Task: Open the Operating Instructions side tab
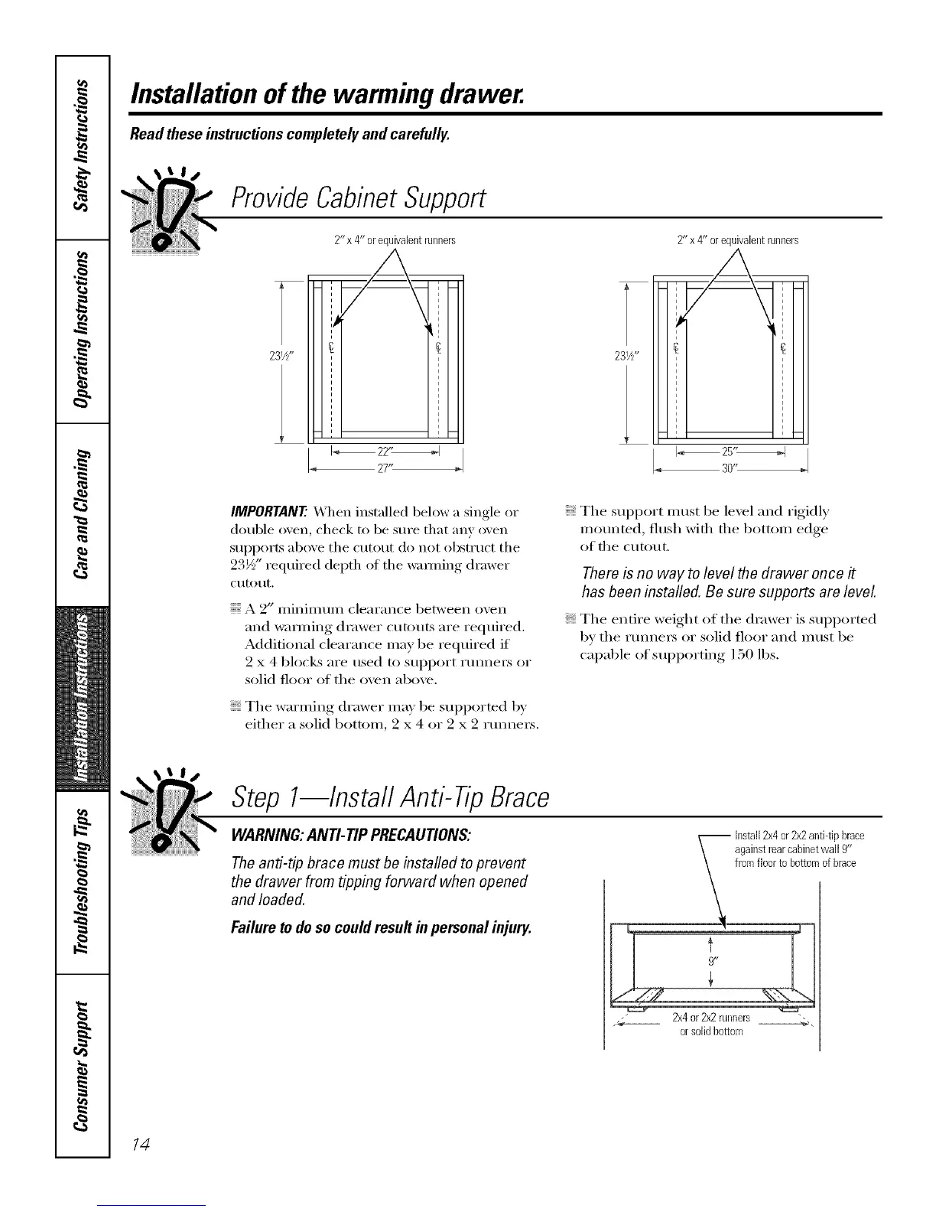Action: tap(83, 331)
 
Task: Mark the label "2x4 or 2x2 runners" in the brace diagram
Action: tap(710, 1018)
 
